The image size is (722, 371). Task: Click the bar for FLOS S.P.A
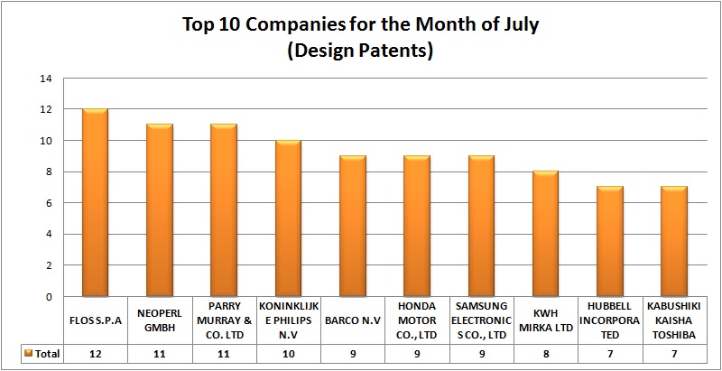[x=95, y=203]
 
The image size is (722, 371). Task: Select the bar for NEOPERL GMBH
[x=159, y=210]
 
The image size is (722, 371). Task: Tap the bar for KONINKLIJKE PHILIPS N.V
[x=288, y=218]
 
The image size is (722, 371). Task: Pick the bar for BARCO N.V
[x=353, y=227]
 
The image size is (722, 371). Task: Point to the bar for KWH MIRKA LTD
[x=546, y=234]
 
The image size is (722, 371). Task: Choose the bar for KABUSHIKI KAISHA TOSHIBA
[x=675, y=242]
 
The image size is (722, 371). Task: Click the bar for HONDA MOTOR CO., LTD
[x=417, y=227]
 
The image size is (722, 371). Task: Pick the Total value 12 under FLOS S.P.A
[x=95, y=354]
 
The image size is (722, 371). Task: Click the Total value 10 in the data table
[x=288, y=354]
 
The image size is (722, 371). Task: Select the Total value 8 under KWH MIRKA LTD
[x=546, y=354]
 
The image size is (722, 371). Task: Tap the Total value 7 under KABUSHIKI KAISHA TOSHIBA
[x=675, y=354]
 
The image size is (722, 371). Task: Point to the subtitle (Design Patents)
[x=360, y=51]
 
